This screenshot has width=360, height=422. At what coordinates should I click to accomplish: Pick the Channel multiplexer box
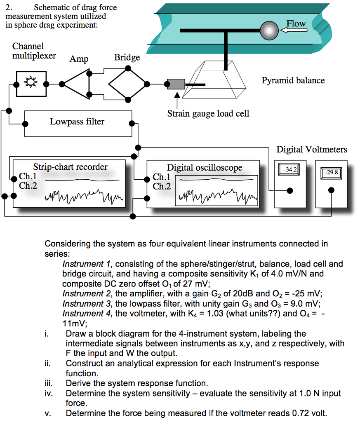pos(30,84)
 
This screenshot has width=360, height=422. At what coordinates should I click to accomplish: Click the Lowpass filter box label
pos(77,122)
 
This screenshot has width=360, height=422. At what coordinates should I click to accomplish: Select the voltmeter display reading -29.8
pos(331,172)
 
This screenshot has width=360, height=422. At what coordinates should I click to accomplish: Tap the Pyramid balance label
pos(293,80)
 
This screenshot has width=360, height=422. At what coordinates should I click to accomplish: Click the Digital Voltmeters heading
pos(312,150)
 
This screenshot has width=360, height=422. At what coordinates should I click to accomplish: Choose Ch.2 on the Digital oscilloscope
pos(161,186)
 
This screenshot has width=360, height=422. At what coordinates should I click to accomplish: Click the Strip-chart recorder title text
pos(70,167)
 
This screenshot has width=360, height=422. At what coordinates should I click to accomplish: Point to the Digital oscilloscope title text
pos(205,167)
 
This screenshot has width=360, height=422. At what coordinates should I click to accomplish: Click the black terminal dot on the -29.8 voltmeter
pos(331,190)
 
